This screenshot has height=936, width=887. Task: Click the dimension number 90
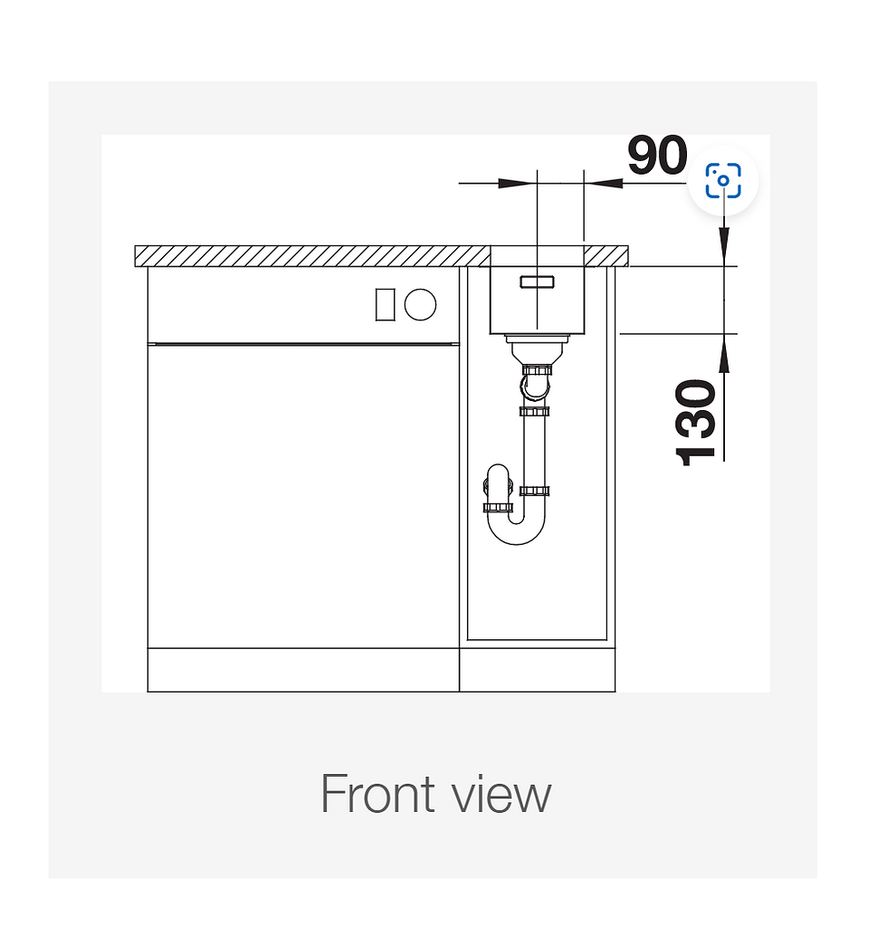click(657, 156)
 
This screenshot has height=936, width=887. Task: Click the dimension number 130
click(698, 422)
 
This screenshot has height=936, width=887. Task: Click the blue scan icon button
click(723, 180)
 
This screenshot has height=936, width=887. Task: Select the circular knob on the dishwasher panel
click(420, 304)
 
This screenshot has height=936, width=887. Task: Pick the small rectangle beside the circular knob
click(384, 304)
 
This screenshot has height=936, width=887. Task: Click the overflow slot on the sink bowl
click(537, 282)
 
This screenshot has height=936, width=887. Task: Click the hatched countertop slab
click(308, 256)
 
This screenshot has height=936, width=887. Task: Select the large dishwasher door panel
click(303, 495)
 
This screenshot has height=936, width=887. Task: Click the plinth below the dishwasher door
click(303, 670)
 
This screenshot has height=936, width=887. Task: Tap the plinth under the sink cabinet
click(538, 670)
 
